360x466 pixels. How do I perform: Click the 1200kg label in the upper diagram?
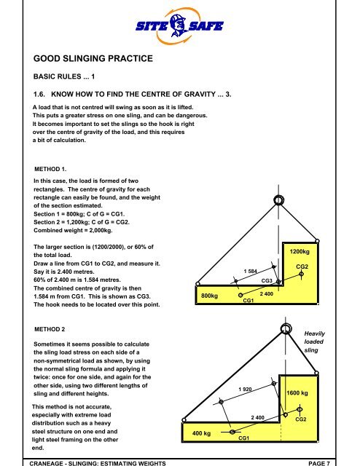coord(301,252)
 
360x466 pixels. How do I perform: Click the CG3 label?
coord(267,280)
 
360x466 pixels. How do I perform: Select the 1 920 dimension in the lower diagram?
coord(246,390)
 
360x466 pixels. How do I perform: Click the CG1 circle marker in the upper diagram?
coord(240,296)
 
